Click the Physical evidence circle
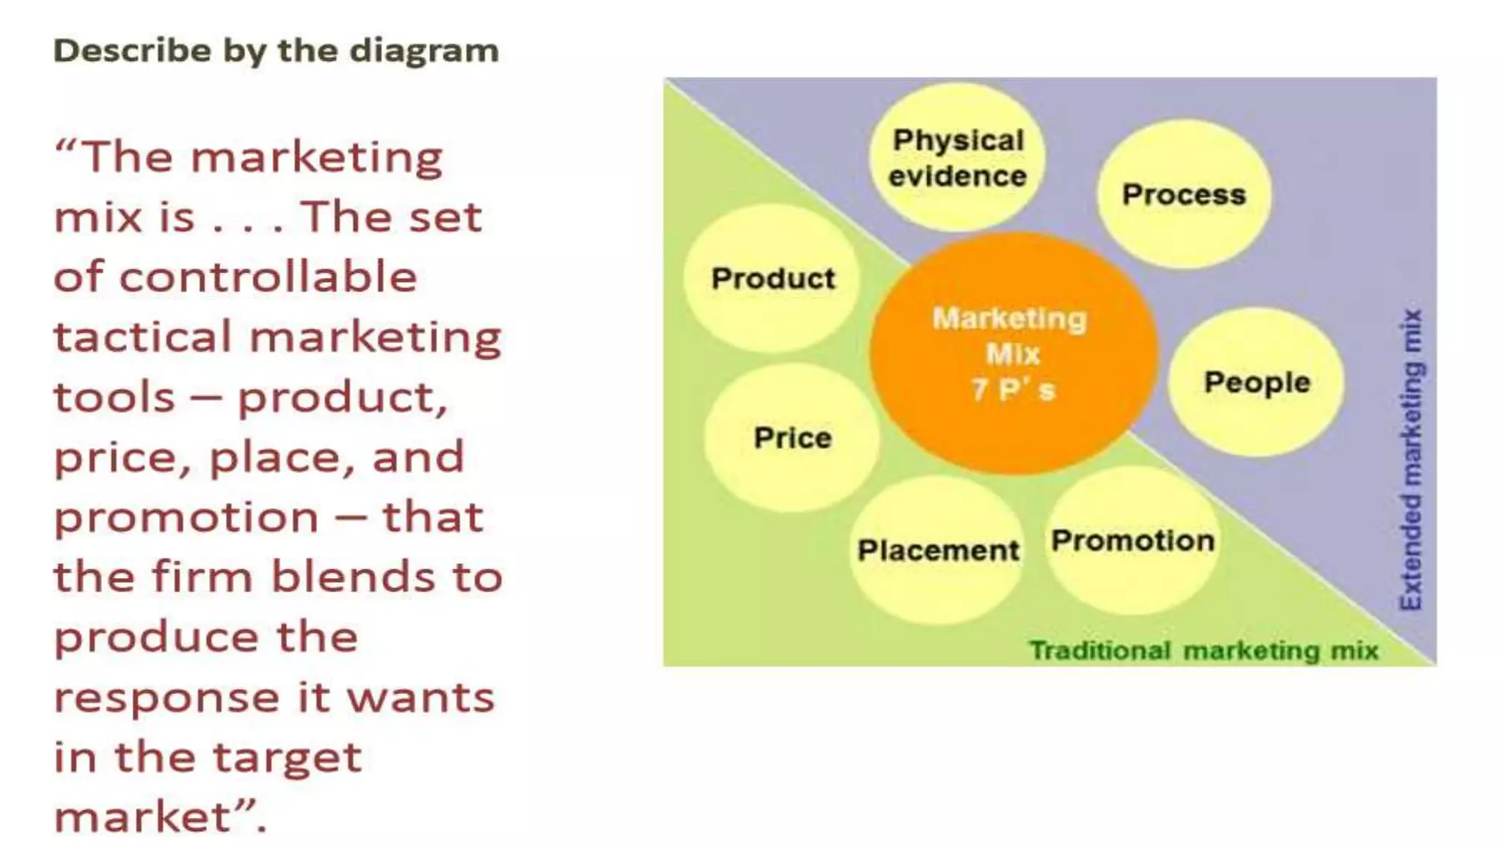[x=957, y=158]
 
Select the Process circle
[x=1184, y=194]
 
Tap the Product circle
[x=772, y=278]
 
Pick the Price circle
[x=792, y=438]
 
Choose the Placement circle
[x=938, y=550]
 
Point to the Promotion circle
[x=1132, y=541]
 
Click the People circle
[x=1256, y=382]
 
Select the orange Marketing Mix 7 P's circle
[x=1013, y=354]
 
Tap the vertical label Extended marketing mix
[x=1411, y=459]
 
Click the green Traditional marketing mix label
[x=1204, y=651]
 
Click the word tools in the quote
[x=114, y=398]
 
